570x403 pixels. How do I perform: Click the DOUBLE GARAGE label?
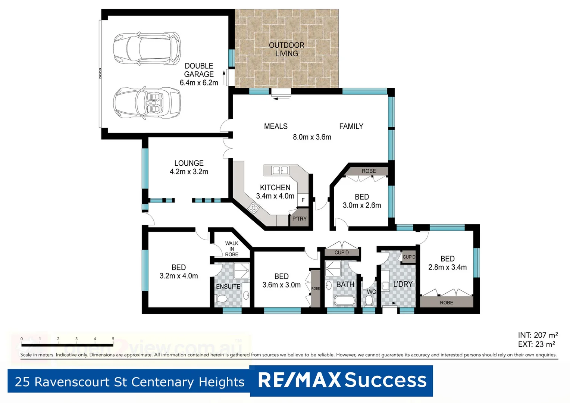199,70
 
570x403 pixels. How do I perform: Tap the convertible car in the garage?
147,103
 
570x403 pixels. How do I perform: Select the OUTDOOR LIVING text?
286,49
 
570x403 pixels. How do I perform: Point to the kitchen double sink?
280,171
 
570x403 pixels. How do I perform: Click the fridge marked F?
303,200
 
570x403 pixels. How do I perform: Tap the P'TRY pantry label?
299,219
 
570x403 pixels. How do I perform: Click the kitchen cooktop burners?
254,207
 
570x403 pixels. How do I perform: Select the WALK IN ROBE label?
232,249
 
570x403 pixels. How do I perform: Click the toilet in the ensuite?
222,299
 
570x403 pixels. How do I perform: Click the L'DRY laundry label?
403,284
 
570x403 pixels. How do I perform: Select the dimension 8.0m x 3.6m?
312,137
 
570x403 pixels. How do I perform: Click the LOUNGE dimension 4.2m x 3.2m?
189,172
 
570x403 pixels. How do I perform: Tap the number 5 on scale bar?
113,339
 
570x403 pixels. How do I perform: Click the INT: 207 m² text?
538,335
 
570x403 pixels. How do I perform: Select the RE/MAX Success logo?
342,381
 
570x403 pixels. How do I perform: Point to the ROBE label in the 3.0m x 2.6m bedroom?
369,171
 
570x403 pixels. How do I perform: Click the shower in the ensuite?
241,271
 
